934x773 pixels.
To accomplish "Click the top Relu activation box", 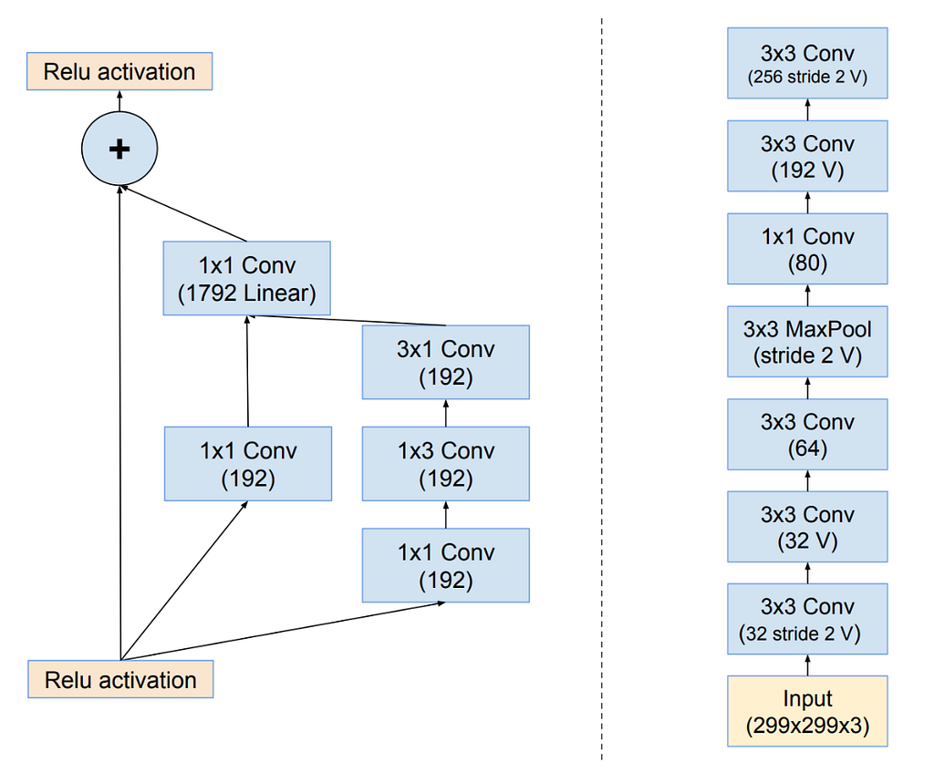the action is [x=119, y=71].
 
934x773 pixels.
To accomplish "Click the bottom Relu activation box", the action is [x=120, y=679].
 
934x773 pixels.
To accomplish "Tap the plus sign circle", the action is [x=119, y=149].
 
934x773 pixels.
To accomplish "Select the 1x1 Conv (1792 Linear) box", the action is [x=246, y=278].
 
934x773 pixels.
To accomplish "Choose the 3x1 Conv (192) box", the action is [x=445, y=362].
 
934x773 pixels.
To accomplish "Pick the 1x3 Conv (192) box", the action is [x=445, y=463].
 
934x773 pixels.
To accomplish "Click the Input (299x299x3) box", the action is [x=807, y=711].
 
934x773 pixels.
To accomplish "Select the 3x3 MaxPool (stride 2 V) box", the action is [x=807, y=341].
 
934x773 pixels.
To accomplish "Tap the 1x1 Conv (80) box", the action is [x=807, y=248].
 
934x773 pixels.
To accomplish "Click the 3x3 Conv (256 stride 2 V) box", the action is [x=807, y=63].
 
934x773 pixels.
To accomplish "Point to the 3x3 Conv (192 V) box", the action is [x=807, y=156].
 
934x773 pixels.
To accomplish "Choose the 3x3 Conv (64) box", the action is [x=807, y=434].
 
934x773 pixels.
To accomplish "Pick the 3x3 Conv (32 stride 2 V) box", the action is [x=807, y=619].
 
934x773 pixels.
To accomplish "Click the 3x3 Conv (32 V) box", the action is [x=807, y=527].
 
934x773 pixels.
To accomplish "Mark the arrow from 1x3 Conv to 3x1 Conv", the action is [x=446, y=413].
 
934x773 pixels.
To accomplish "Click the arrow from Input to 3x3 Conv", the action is [x=808, y=665].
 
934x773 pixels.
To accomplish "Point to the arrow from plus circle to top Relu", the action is [x=119, y=101].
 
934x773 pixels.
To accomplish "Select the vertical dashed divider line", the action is [x=602, y=388].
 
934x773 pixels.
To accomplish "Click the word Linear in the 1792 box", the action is [x=279, y=293].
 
